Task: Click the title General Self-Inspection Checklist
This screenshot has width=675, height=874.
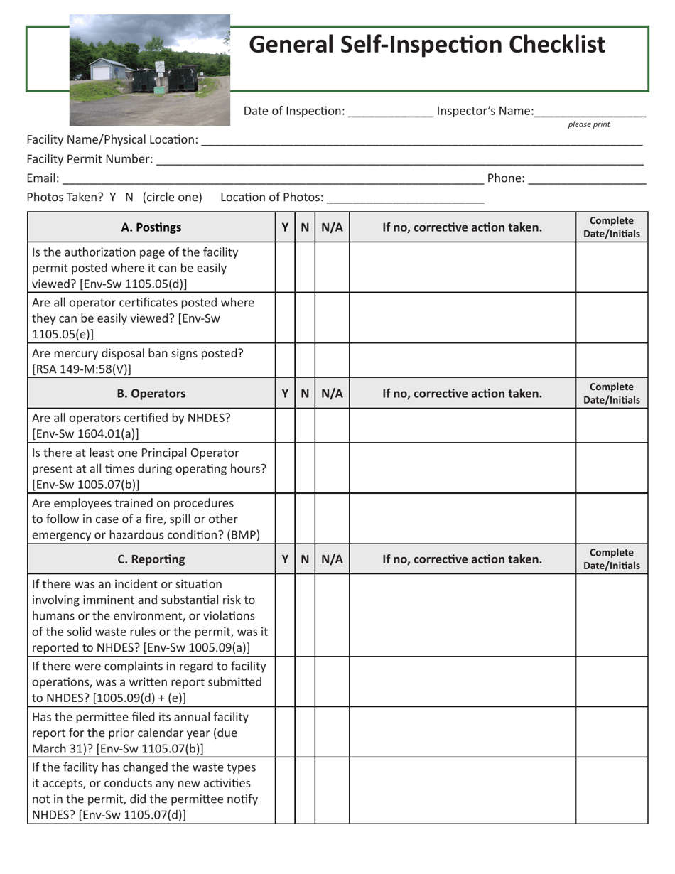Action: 427,45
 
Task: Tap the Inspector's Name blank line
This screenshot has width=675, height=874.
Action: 590,112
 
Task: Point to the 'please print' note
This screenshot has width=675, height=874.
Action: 588,125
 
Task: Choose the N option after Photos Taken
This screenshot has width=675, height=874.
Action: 129,198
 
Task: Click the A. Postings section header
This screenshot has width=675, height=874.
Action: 151,227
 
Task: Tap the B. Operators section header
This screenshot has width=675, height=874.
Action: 151,394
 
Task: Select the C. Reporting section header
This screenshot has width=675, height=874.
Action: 151,559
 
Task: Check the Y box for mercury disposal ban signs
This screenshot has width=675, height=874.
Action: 285,360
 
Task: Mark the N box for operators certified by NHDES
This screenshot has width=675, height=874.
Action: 305,425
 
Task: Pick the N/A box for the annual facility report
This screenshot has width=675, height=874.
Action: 332,732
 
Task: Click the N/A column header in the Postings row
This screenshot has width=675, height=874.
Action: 332,227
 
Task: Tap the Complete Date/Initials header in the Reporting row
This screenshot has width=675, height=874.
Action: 611,559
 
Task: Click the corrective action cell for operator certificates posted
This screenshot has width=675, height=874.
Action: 462,318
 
